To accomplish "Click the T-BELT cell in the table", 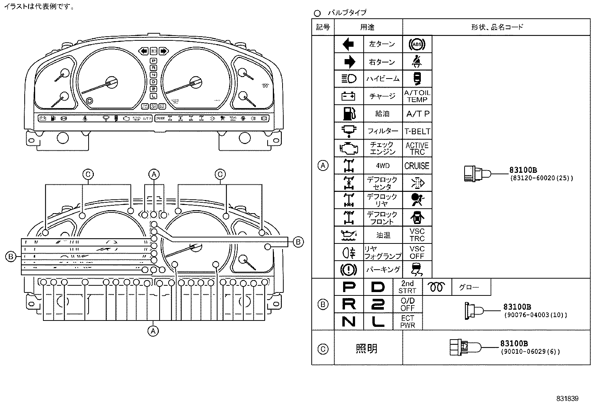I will coord(417,131).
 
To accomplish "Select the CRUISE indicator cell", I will coord(417,166).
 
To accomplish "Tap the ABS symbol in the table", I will coord(417,45).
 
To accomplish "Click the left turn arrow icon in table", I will coord(348,44).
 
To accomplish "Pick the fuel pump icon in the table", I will coord(348,113).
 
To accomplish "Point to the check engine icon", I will coord(348,148).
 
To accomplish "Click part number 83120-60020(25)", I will coord(541,178).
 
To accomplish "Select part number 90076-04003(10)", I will coord(535,315).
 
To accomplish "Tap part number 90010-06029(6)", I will coord(530,352).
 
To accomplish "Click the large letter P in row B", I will coord(349,287).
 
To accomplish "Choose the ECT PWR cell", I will coord(407,322).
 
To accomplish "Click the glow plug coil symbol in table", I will coord(437,287).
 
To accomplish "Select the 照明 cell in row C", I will coord(367,349).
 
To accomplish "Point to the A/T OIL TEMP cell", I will coord(417,96).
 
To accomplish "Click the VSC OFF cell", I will coord(417,252).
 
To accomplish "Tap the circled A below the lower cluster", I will coord(153,331).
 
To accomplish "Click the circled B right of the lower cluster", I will coord(298,242).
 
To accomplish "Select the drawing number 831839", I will coord(567,399).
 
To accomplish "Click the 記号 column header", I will coord(323,27).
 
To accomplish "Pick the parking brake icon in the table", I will coord(348,270).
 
